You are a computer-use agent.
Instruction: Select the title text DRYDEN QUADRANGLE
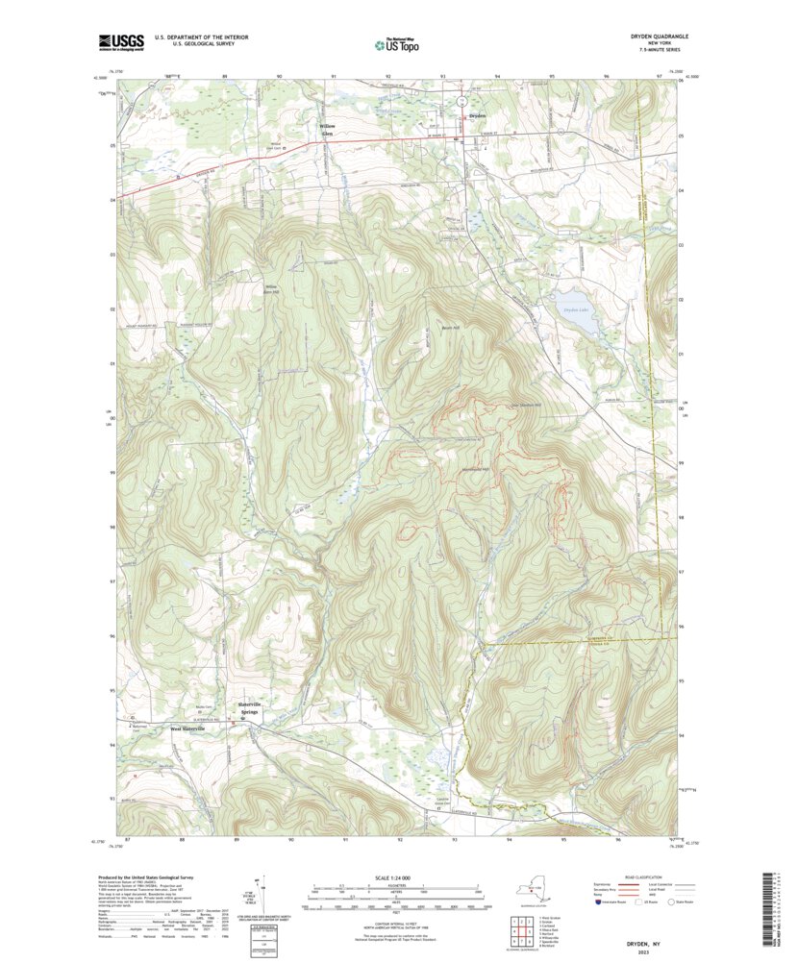[x=652, y=37]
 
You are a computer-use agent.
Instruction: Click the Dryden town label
[x=477, y=116]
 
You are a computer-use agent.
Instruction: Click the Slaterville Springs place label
[x=250, y=708]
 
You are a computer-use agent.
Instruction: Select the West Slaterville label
[x=189, y=729]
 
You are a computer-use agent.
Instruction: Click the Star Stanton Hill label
[x=524, y=404]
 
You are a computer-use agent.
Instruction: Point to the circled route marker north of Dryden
[x=461, y=100]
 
